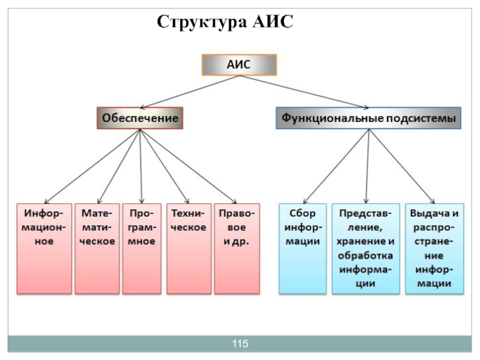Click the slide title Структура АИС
224,22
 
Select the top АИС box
238,65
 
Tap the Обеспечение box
140,118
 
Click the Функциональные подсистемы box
369,119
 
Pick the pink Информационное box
44,248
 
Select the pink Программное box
142,248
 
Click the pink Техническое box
188,248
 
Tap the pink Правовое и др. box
237,248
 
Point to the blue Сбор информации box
303,248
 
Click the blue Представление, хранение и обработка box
365,248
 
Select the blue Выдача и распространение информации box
434,248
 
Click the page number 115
240,344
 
